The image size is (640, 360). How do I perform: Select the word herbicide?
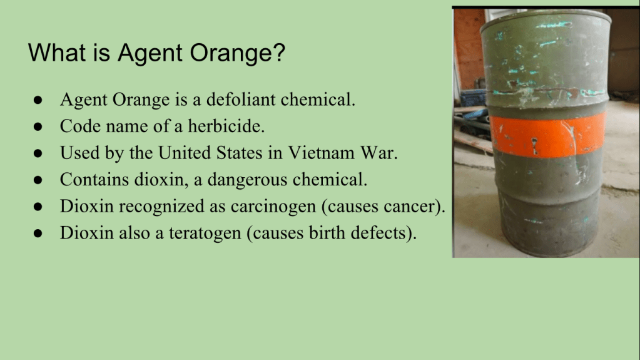coord(226,126)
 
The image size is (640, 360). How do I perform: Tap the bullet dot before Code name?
coord(38,126)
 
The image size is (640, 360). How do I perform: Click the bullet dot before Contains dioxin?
coord(38,180)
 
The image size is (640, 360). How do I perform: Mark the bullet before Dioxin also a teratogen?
coord(38,234)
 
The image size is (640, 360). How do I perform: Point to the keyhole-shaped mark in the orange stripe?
coord(534,146)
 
